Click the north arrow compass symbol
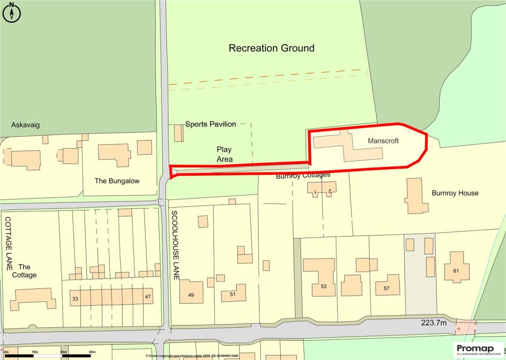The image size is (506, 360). coord(12,12)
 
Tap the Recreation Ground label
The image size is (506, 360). coord(271,48)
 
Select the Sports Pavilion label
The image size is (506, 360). coord(211,124)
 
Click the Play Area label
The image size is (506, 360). coord(224,154)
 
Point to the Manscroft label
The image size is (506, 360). coord(383,141)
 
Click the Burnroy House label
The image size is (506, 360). coord(455,193)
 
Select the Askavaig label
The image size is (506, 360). coord(26,125)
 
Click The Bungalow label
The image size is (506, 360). coord(117,181)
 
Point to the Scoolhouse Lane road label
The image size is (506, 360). coord(174,245)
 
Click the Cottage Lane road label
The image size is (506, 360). coord(8,242)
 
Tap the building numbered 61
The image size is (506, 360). coord(455,270)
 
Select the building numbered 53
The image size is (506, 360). coord(324,286)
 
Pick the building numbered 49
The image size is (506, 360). coord(191,295)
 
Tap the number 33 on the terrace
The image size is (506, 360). coord(75,299)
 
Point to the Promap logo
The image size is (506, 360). coord(478,349)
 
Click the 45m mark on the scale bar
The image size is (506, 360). coord(91,352)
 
